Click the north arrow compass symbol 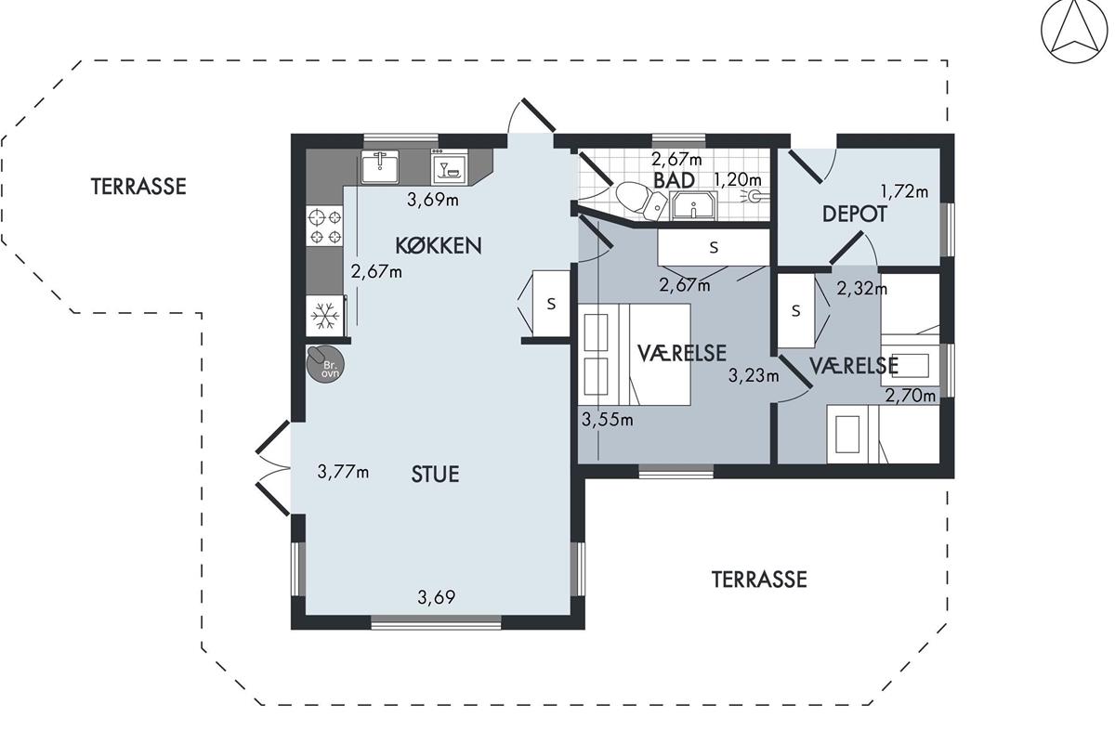tap(1075, 31)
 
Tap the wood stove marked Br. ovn tap(324, 363)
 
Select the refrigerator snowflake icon tap(325, 316)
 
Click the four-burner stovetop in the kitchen tap(325, 227)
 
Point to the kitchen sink tap(380, 166)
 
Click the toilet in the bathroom tap(640, 201)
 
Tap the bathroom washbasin tap(693, 205)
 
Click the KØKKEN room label tap(439, 246)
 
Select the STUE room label tap(435, 475)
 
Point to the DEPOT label tap(854, 214)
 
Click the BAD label tap(674, 180)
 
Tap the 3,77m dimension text tap(343, 472)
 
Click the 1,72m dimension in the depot tap(904, 191)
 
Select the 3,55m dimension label tap(608, 420)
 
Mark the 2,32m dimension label tap(861, 289)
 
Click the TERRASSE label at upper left tap(138, 186)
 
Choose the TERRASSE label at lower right tap(759, 580)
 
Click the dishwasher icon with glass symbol tap(450, 167)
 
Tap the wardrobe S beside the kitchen tap(551, 303)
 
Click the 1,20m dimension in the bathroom tap(738, 179)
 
